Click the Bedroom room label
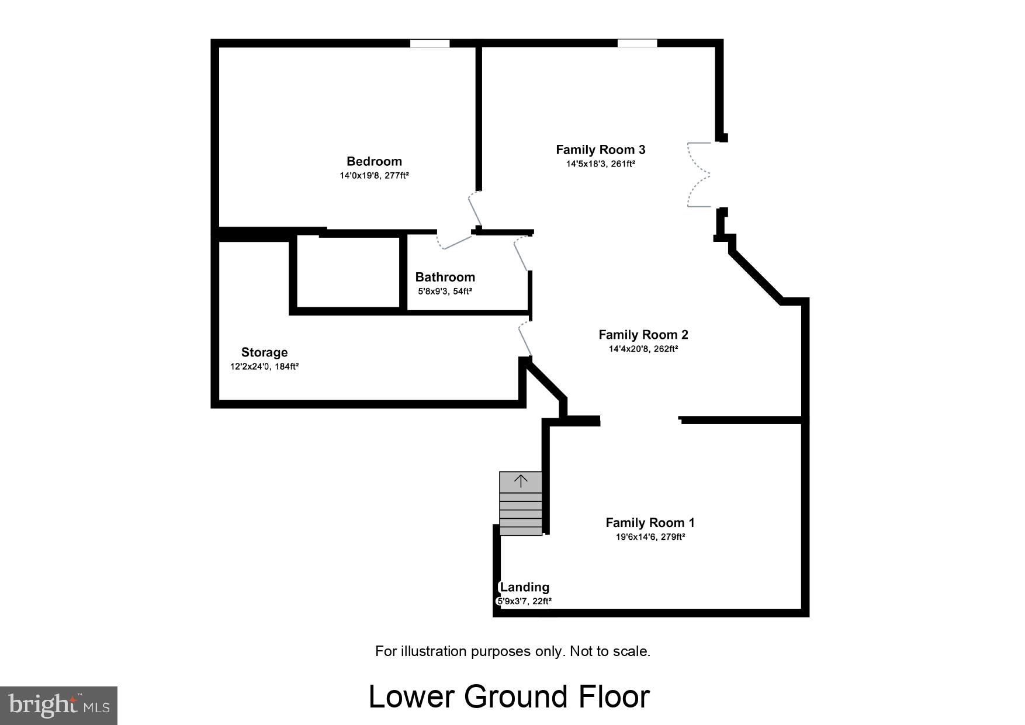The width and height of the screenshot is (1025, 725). click(374, 161)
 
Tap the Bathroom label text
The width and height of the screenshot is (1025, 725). click(445, 277)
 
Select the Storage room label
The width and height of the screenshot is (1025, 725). click(264, 352)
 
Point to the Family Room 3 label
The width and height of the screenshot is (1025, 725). click(600, 150)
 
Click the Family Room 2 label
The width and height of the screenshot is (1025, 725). click(643, 335)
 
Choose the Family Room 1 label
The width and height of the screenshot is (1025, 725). click(650, 523)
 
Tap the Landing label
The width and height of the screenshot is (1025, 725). click(524, 587)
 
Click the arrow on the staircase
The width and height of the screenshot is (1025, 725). click(520, 481)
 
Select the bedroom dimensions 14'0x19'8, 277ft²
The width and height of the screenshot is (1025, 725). click(374, 175)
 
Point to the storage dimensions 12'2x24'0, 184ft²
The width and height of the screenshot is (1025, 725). click(264, 367)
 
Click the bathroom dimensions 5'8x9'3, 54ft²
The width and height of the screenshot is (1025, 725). click(445, 291)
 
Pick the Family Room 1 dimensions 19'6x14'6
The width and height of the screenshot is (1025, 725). click(650, 537)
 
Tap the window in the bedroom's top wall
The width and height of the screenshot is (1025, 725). click(430, 43)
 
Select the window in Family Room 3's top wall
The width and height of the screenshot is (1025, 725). click(637, 43)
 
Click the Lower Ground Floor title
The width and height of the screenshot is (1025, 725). click(509, 696)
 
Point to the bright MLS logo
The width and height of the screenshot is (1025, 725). click(58, 705)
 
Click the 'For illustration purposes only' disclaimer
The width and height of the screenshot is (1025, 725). click(512, 651)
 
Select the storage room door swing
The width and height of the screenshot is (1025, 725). click(525, 339)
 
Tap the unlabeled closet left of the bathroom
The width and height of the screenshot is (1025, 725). click(348, 271)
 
